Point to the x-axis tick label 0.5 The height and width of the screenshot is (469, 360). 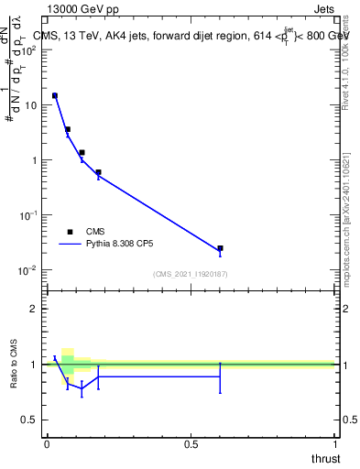pyautogui.click(x=191, y=444)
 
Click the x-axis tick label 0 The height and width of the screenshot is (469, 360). pyautogui.click(x=47, y=444)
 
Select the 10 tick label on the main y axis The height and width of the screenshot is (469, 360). pyautogui.click(x=29, y=105)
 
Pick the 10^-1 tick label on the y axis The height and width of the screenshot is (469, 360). pyautogui.click(x=27, y=214)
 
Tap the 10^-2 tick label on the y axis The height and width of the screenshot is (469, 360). pyautogui.click(x=27, y=269)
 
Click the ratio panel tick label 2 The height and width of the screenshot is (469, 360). pyautogui.click(x=34, y=310)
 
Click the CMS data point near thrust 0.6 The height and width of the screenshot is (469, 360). pyautogui.click(x=220, y=248)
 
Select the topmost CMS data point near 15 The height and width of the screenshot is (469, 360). pyautogui.click(x=55, y=95)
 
